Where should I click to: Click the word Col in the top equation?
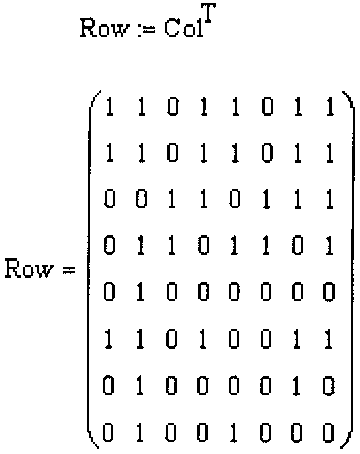tap(184, 29)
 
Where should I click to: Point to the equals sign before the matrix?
tap(69, 271)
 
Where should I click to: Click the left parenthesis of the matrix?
tap(93, 269)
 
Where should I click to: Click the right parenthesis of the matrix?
tap(347, 269)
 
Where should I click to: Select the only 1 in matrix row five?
tap(141, 292)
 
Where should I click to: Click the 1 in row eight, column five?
tap(234, 433)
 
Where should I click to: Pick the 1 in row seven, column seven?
tap(297, 386)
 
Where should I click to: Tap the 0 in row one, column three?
tap(173, 107)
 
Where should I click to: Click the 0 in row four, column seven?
tap(297, 245)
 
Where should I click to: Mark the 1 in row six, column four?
tap(203, 339)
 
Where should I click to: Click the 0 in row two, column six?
tap(267, 153)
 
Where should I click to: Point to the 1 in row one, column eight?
tap(330, 107)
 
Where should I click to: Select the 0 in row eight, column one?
tap(109, 433)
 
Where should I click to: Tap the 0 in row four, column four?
tap(203, 245)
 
